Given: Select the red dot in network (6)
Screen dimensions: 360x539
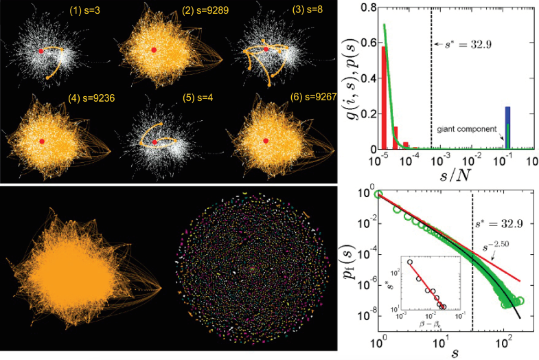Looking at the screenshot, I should point(266,141).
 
